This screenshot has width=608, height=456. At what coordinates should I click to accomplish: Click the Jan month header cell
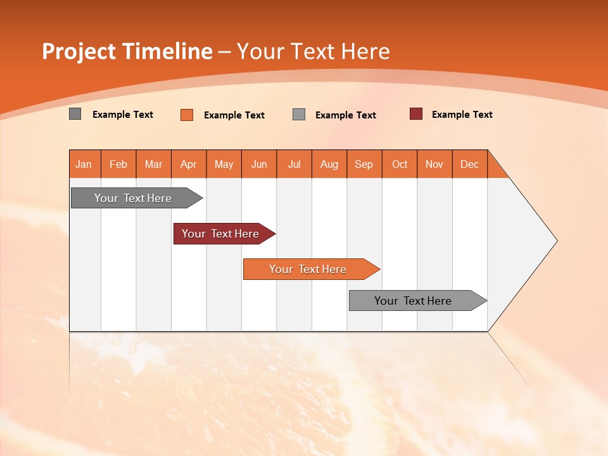point(84,164)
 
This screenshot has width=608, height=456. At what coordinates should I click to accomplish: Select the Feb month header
point(118,164)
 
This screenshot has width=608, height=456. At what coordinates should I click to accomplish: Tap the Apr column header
point(188,164)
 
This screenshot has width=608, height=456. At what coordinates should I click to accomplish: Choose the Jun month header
point(259,164)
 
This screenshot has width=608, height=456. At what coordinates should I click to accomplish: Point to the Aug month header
point(329,164)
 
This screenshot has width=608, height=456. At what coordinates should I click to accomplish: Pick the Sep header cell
point(364,164)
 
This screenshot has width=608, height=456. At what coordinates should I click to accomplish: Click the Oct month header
point(400,164)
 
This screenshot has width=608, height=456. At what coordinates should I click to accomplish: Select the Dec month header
point(469,164)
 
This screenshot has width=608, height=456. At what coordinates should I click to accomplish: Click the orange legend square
point(187,115)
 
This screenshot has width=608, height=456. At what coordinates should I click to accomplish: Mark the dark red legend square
point(416,114)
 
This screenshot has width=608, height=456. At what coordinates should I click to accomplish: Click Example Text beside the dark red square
point(462,115)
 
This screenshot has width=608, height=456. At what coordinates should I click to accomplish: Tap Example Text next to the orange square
point(234,115)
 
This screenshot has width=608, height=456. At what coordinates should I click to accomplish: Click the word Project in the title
point(78,52)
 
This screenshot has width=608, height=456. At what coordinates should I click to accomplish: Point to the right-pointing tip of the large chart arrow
point(554,241)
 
